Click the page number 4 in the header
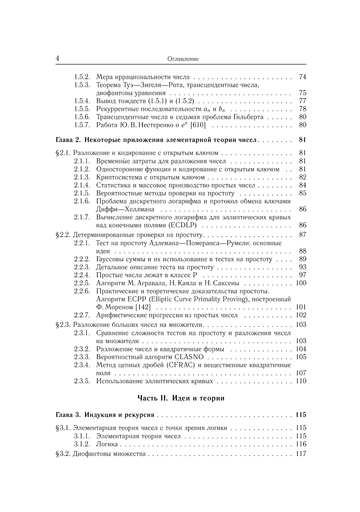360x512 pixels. [x=57, y=59]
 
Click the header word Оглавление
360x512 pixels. [x=183, y=59]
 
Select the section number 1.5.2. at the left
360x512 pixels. [x=82, y=77]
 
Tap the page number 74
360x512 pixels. [x=302, y=77]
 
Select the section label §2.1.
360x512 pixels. [x=63, y=153]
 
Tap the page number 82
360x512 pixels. [x=302, y=177]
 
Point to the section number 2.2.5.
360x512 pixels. [x=82, y=283]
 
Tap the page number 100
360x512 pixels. [x=301, y=283]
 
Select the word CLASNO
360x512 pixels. [x=189, y=357]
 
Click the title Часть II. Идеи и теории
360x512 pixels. [x=181, y=398]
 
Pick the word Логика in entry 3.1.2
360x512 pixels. [x=107, y=444]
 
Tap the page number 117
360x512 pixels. [x=301, y=454]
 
